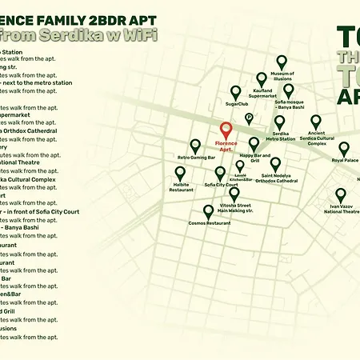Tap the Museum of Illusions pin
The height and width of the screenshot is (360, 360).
pos(282,62)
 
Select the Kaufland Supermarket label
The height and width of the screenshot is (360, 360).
pos(262,98)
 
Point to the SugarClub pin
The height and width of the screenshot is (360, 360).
pos(235,92)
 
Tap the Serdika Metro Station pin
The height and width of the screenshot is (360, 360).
pos(280,123)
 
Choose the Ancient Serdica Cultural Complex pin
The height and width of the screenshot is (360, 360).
pos(316,122)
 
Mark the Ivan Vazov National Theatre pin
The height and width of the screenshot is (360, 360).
pos(341,195)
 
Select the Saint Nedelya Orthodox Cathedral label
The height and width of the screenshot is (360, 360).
pos(276,178)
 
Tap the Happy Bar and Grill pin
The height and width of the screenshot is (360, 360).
pos(254,144)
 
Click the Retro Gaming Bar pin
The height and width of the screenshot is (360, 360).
pos(195,146)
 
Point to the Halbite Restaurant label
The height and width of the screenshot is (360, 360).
pos(180,188)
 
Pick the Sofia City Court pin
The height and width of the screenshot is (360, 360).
pos(221,173)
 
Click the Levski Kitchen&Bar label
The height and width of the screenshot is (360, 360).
pos(240,178)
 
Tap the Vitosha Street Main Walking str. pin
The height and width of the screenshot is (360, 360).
pos(234,194)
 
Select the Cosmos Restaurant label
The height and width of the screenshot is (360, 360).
pos(208,224)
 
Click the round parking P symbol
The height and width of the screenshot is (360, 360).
pos(249,118)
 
